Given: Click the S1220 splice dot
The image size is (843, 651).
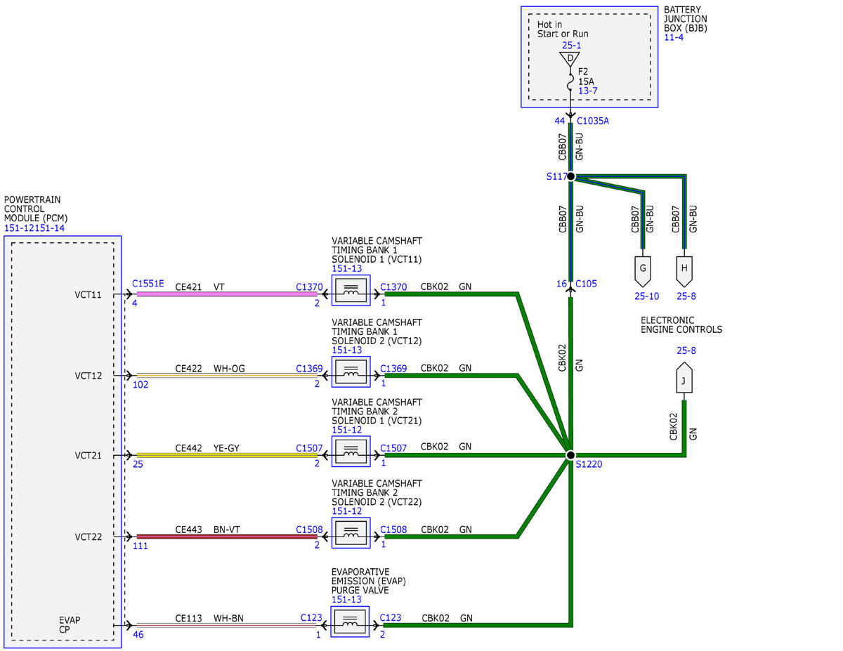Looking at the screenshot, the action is (x=570, y=455).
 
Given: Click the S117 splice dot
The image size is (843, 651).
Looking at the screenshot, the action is (x=570, y=176).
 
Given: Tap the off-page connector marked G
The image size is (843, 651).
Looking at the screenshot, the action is (x=643, y=271).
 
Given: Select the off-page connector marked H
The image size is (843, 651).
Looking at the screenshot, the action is (x=684, y=271).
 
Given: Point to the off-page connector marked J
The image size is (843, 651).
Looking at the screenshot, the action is (x=684, y=378).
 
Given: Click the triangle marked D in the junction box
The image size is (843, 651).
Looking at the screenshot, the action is (x=570, y=59).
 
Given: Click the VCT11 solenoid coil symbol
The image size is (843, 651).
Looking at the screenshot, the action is (x=351, y=291).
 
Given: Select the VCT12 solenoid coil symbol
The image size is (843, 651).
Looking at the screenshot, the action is (x=351, y=371).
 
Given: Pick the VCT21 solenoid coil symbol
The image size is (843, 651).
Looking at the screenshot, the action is (x=351, y=452).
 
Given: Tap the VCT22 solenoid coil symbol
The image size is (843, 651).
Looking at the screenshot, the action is (x=351, y=533).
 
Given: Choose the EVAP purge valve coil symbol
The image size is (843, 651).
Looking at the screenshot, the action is (x=350, y=622).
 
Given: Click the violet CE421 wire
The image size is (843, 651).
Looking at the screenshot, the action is (x=227, y=294).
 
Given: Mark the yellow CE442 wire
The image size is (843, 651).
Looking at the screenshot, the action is (x=227, y=455).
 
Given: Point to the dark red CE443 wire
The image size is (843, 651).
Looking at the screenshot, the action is (x=227, y=537).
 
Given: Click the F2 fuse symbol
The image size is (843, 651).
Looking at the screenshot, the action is (x=570, y=81).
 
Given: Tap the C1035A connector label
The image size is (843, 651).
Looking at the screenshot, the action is (x=593, y=121).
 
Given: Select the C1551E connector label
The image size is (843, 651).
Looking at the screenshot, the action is (x=148, y=284).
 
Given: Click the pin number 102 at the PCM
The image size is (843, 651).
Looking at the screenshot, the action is (x=140, y=385).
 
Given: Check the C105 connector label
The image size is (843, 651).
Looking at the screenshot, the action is (x=586, y=284).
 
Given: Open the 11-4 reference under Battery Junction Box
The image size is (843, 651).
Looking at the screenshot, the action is (x=674, y=38).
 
